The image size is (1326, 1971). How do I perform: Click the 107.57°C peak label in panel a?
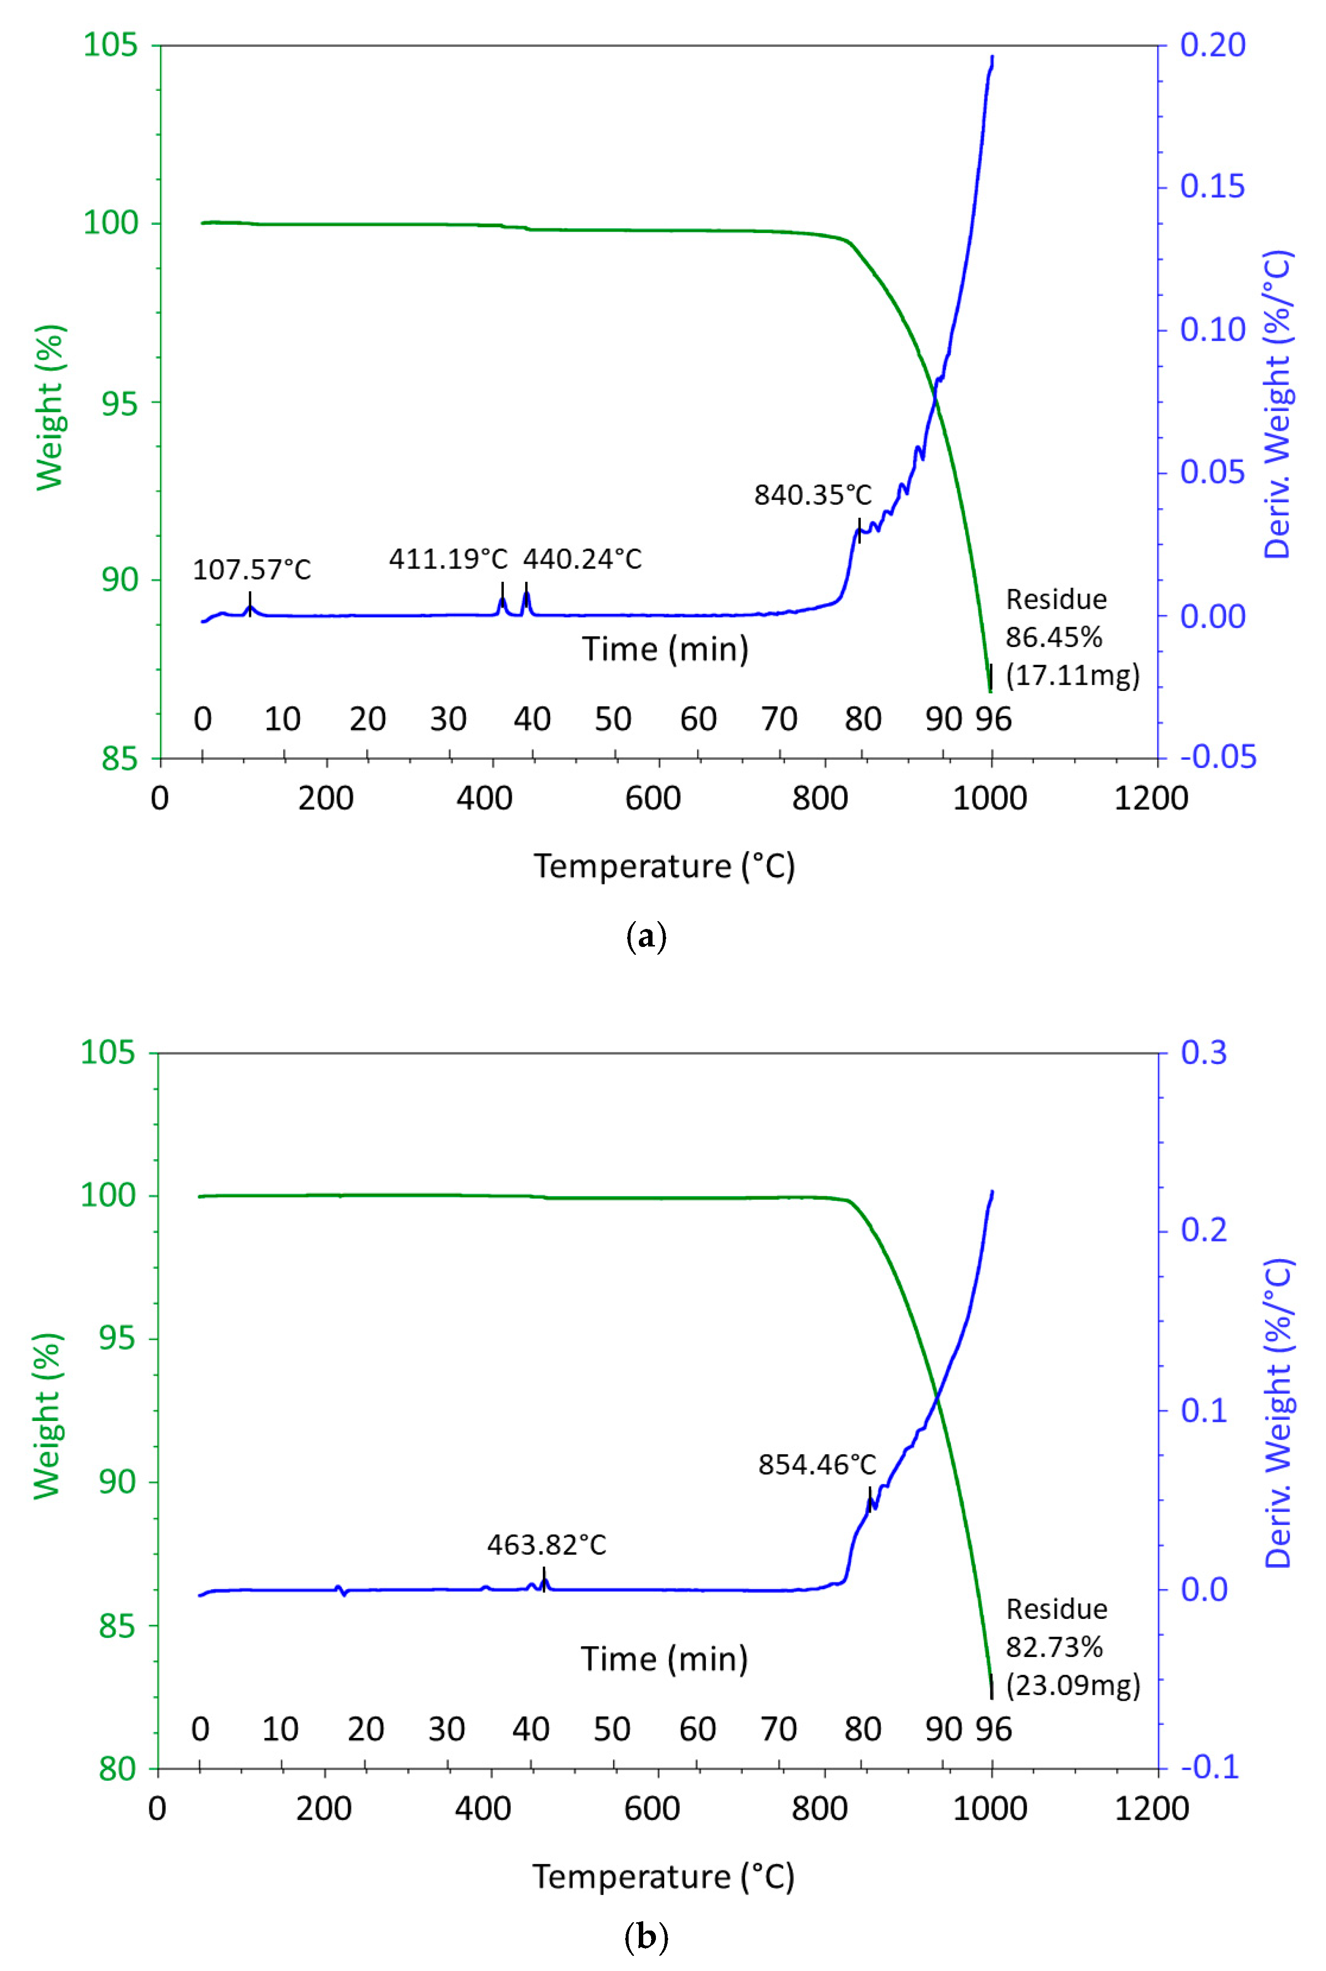(x=252, y=570)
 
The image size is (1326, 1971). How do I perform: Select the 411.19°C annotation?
(x=448, y=559)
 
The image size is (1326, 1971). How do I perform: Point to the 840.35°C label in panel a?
(x=812, y=494)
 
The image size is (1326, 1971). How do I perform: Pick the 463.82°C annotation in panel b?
(x=546, y=1545)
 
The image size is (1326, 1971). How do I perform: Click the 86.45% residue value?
(x=1054, y=637)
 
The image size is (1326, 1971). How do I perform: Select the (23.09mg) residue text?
(x=1072, y=1685)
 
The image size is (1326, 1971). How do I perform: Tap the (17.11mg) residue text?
(x=1072, y=675)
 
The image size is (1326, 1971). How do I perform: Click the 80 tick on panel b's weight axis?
(x=117, y=1769)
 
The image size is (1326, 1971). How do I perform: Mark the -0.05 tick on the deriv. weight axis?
(x=1218, y=757)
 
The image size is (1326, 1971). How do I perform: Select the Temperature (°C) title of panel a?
(x=664, y=867)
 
